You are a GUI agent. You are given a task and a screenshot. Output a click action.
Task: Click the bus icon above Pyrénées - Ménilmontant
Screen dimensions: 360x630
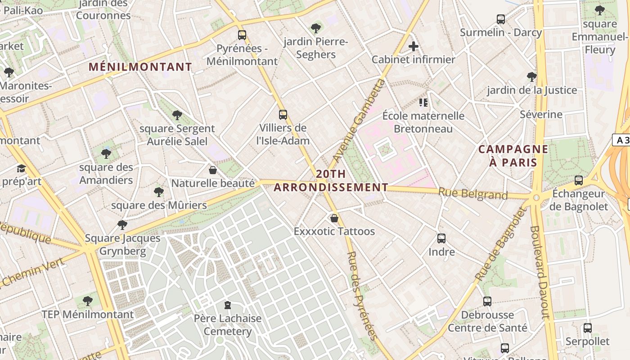[242, 35]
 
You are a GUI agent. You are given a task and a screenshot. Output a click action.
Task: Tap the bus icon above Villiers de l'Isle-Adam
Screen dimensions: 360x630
[283, 114]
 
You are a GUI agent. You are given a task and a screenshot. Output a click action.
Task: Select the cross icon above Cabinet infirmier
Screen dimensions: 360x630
[413, 46]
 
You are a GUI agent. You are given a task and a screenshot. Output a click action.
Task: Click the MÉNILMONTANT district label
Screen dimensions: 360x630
[140, 67]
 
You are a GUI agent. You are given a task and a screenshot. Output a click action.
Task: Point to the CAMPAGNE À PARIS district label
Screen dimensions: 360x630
[513, 156]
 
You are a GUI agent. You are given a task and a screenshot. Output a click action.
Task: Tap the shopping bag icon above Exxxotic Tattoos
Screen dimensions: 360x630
[334, 218]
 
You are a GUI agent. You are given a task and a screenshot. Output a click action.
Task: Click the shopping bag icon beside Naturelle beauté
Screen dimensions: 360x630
[213, 170]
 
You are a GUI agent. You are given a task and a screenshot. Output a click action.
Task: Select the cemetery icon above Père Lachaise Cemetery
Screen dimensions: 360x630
[227, 305]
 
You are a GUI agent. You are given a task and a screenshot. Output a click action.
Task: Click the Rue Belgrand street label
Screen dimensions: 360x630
[473, 194]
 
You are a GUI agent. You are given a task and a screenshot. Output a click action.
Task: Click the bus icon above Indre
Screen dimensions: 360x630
[441, 238]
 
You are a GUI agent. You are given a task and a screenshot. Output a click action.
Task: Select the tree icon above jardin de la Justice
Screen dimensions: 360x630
[531, 77]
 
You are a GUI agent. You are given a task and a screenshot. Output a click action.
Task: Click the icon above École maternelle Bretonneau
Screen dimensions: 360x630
[423, 103]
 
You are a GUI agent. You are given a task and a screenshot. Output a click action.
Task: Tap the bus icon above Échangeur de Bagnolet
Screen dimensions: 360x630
[579, 180]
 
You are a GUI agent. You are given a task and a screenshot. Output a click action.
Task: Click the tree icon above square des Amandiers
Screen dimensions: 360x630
[106, 154]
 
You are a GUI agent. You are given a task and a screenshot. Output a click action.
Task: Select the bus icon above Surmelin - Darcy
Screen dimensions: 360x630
[500, 19]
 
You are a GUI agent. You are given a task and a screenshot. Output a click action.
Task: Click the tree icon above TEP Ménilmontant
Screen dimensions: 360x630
[88, 301]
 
